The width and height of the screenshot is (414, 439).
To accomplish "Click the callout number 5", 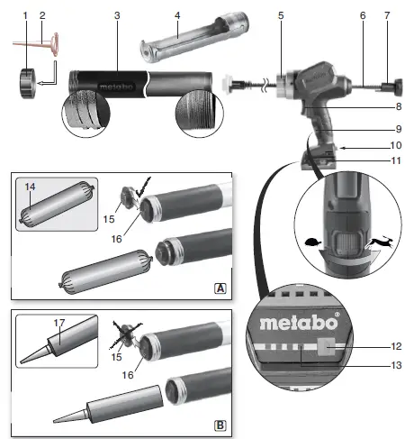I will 281,15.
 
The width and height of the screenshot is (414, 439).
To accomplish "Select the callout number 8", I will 397,106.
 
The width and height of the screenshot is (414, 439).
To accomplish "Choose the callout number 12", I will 397,346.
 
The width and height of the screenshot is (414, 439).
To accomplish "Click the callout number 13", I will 397,367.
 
